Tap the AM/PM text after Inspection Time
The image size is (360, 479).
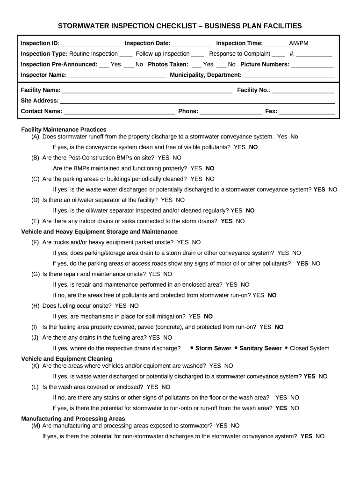pos(299,44)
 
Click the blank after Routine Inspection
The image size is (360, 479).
pos(126,54)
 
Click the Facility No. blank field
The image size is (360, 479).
pos(303,91)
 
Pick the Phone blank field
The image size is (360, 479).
pos(231,112)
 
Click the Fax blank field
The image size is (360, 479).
pos(307,112)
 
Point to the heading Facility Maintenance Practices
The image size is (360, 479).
pos(64,130)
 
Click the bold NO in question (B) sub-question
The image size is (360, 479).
pos(210,168)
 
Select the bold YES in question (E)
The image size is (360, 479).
pos(227,221)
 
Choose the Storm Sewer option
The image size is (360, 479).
pos(213,348)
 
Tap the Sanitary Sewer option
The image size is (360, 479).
pos(260,348)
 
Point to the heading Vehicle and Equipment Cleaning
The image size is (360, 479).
pos(67,359)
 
